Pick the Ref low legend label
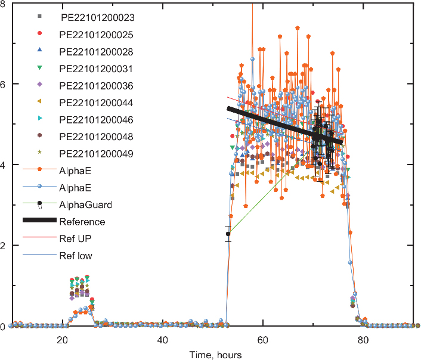tap(76, 256)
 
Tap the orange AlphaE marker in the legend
tap(39, 170)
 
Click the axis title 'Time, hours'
tap(215, 355)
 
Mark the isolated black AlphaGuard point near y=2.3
tap(228, 234)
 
